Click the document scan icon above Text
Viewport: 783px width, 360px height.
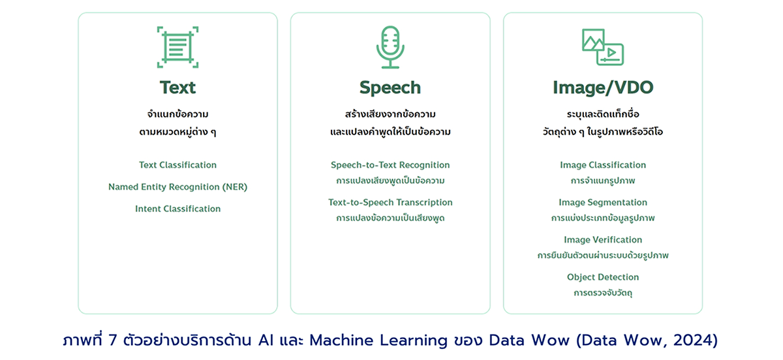point(177,47)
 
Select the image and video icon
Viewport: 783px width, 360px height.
point(603,47)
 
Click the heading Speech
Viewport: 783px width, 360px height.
point(390,87)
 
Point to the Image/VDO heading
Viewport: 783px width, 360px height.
point(603,88)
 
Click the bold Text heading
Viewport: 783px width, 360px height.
point(177,87)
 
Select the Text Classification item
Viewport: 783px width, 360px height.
point(177,165)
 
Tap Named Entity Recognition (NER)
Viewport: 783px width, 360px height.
point(177,187)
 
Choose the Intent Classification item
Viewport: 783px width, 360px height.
point(177,209)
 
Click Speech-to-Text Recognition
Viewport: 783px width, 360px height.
point(390,165)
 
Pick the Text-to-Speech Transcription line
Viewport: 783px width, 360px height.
point(390,202)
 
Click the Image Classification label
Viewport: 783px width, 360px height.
point(603,165)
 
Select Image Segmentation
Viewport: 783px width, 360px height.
point(603,202)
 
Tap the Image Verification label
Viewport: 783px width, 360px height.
point(603,240)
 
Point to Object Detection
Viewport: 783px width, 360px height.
point(603,277)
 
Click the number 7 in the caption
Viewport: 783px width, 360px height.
point(112,340)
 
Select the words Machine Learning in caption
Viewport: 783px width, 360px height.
point(378,340)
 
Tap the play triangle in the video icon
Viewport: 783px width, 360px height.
point(611,53)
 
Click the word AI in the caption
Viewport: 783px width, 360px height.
point(266,340)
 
